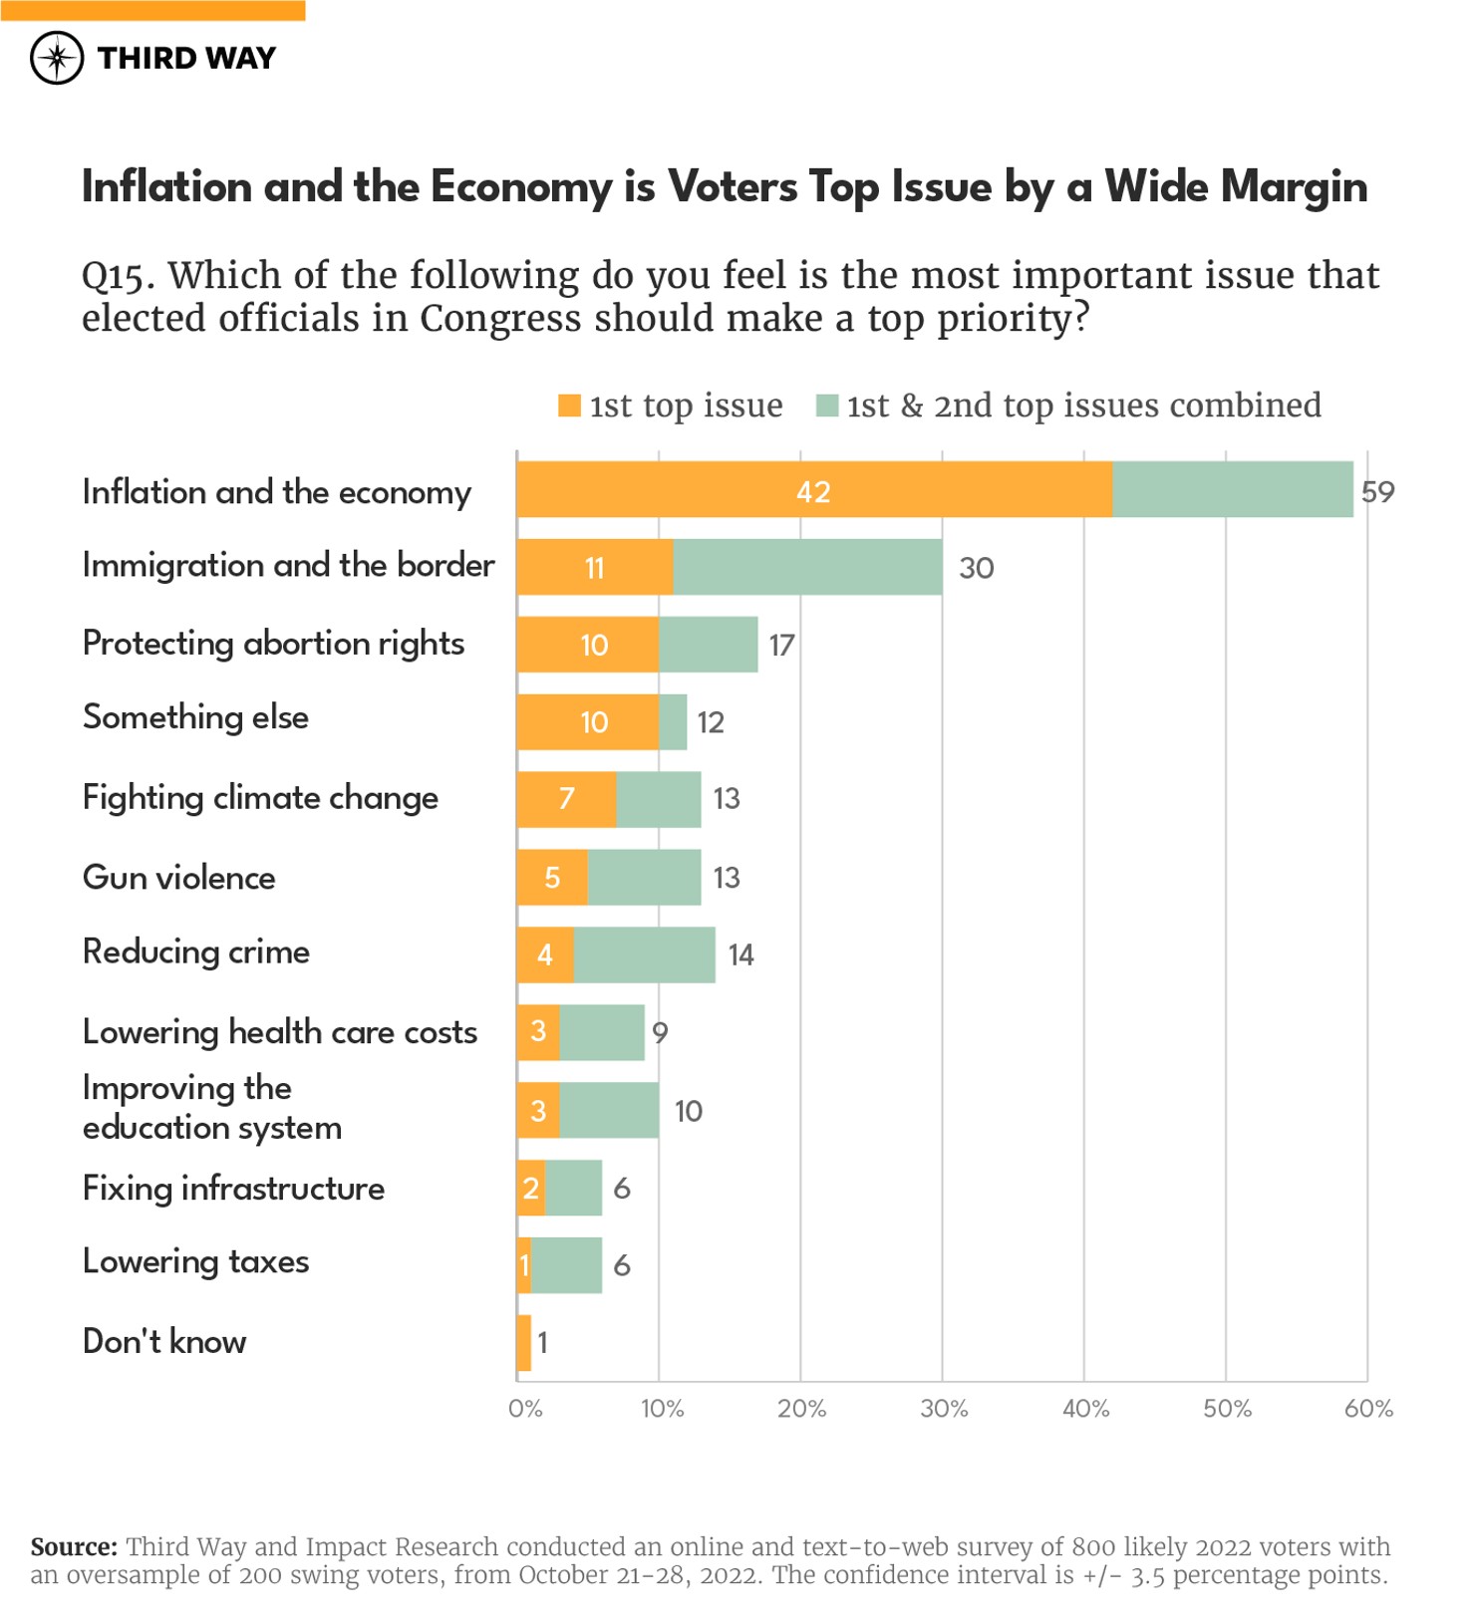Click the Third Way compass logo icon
pyautogui.click(x=57, y=58)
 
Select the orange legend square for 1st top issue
pyautogui.click(x=569, y=406)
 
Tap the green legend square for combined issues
pyautogui.click(x=826, y=406)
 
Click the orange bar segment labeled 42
pyautogui.click(x=813, y=490)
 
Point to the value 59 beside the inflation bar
pyautogui.click(x=1377, y=491)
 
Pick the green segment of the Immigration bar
pyautogui.click(x=807, y=567)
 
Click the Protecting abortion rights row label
pyautogui.click(x=273, y=644)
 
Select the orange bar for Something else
pyautogui.click(x=587, y=721)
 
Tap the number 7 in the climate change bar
pyautogui.click(x=566, y=798)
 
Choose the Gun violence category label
pyautogui.click(x=179, y=878)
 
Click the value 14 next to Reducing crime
pyautogui.click(x=740, y=954)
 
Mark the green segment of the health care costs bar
pyautogui.click(x=602, y=1032)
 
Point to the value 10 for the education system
pyautogui.click(x=688, y=1111)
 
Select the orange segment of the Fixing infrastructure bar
pyautogui.click(x=531, y=1188)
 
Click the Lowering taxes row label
pyautogui.click(x=196, y=1262)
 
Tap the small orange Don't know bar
pyautogui.click(x=524, y=1342)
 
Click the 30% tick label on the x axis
pyautogui.click(x=943, y=1409)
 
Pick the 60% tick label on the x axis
pyautogui.click(x=1367, y=1409)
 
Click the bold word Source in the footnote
pyautogui.click(x=74, y=1546)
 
